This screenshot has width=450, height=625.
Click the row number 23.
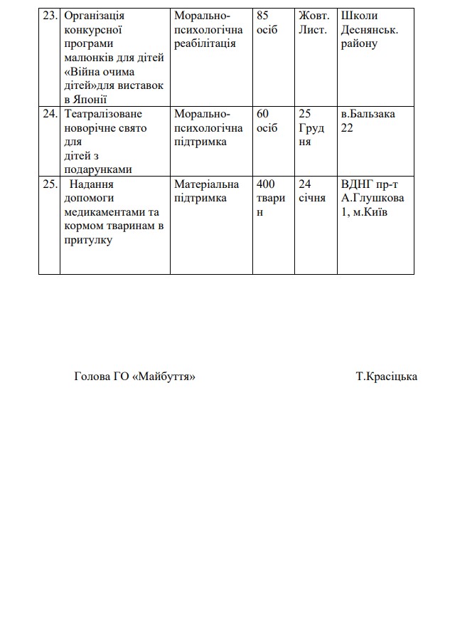click(x=49, y=16)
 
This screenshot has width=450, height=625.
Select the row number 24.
click(x=49, y=114)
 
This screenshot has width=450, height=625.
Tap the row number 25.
click(x=49, y=184)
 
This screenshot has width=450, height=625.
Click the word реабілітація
click(x=205, y=43)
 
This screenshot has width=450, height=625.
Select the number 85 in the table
click(x=264, y=16)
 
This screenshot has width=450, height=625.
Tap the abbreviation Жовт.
click(x=314, y=16)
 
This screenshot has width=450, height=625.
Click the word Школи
click(x=360, y=16)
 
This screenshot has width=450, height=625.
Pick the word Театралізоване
click(x=102, y=114)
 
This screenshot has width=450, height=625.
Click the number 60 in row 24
click(x=264, y=114)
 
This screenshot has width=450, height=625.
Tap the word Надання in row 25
click(x=93, y=184)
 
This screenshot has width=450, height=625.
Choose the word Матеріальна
click(x=207, y=184)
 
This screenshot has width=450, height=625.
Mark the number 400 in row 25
click(x=267, y=184)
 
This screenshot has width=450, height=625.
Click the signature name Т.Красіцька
click(x=386, y=377)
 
